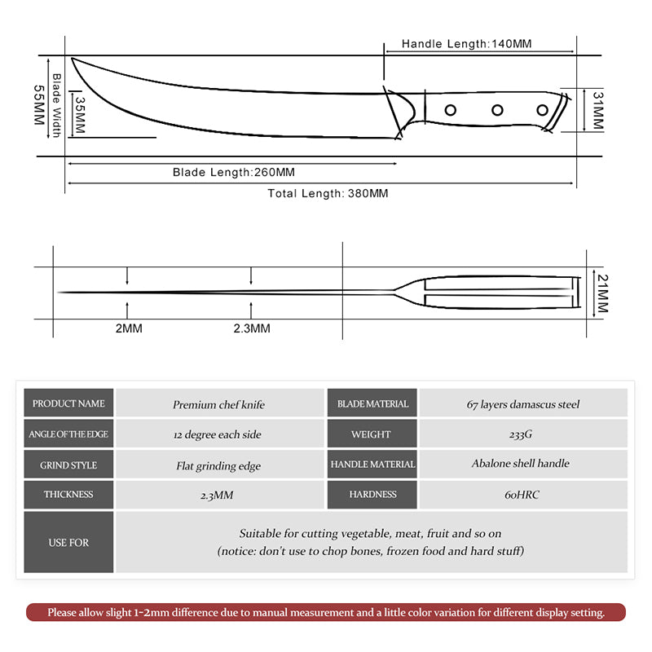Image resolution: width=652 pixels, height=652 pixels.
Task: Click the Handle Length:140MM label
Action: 466,43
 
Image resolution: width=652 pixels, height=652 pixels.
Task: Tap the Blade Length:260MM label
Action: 233,172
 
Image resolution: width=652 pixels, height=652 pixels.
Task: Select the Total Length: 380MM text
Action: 328,194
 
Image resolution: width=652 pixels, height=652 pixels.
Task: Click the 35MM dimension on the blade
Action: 80,116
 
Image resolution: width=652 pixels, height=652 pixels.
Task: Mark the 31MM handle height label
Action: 597,110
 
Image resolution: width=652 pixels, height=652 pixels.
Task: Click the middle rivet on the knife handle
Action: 496,110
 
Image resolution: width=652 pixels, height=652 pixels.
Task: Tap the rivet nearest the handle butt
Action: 542,110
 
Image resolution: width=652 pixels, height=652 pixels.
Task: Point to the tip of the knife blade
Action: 73,59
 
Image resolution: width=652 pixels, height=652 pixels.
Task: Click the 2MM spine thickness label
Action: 128,328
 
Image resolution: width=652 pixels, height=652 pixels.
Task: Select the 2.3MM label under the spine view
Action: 251,328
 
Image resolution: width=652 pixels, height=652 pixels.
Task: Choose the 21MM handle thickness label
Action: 602,294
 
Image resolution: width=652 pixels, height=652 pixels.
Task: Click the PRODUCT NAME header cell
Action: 68,403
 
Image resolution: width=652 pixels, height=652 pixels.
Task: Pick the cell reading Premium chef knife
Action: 218,404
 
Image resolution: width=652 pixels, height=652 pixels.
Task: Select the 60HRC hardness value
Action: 523,495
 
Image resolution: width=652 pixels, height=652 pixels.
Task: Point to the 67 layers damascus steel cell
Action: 523,404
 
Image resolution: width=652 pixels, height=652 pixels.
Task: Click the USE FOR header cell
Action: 68,542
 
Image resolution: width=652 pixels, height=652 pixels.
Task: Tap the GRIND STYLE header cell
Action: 68,465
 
